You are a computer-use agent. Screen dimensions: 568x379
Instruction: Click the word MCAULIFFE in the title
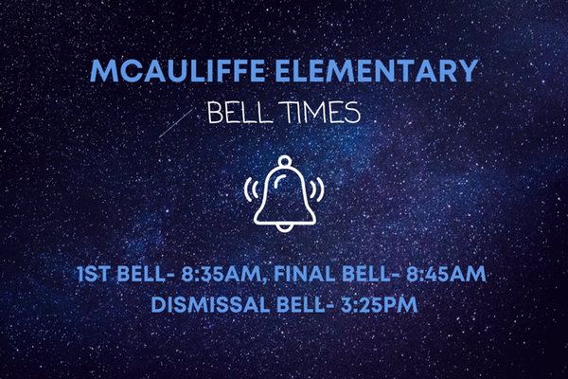tap(178, 70)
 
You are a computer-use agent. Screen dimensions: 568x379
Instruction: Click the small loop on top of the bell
tap(285, 160)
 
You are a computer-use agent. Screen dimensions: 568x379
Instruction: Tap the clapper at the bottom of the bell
tap(284, 227)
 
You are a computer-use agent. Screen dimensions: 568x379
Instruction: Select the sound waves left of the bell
tap(251, 189)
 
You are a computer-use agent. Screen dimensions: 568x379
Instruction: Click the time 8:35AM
tap(221, 274)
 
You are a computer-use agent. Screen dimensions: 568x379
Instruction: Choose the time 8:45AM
tap(446, 274)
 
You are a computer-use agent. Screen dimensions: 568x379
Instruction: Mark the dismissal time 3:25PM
tap(380, 305)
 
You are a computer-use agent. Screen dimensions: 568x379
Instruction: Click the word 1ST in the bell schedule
tap(94, 274)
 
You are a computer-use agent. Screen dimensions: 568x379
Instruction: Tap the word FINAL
tap(305, 274)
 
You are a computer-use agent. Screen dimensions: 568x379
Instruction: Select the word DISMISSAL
tap(210, 305)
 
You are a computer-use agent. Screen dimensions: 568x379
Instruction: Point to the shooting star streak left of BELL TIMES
tap(175, 123)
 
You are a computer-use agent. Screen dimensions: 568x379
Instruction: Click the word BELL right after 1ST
tap(142, 274)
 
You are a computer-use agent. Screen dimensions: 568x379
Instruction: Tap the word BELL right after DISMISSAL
tap(302, 305)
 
